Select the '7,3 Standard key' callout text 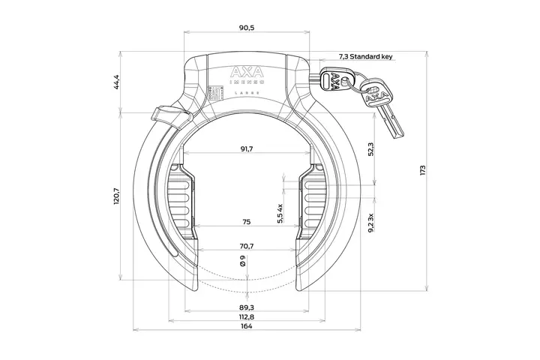[366, 56]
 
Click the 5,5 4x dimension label [280, 214]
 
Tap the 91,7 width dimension [247, 149]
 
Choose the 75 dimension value [247, 222]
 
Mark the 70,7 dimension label [247, 246]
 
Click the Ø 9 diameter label [241, 262]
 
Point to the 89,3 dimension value [247, 307]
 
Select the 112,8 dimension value [247, 316]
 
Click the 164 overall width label [247, 326]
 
